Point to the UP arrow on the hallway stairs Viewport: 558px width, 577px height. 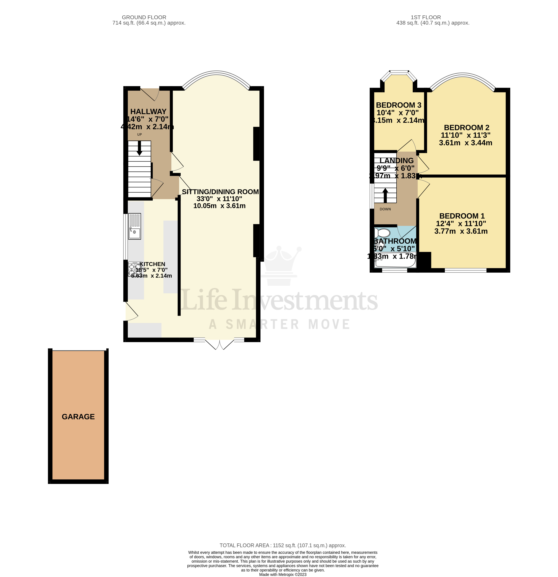(139, 148)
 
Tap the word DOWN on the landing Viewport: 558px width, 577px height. (385, 209)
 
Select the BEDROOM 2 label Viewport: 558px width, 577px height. (466, 127)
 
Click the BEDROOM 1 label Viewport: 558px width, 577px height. (462, 216)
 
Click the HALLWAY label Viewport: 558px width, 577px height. (148, 112)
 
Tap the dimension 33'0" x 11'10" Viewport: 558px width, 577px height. (219, 199)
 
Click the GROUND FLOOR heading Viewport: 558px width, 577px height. (144, 17)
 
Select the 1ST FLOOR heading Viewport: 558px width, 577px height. (426, 17)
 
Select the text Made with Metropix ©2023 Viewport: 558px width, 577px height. (283, 574)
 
